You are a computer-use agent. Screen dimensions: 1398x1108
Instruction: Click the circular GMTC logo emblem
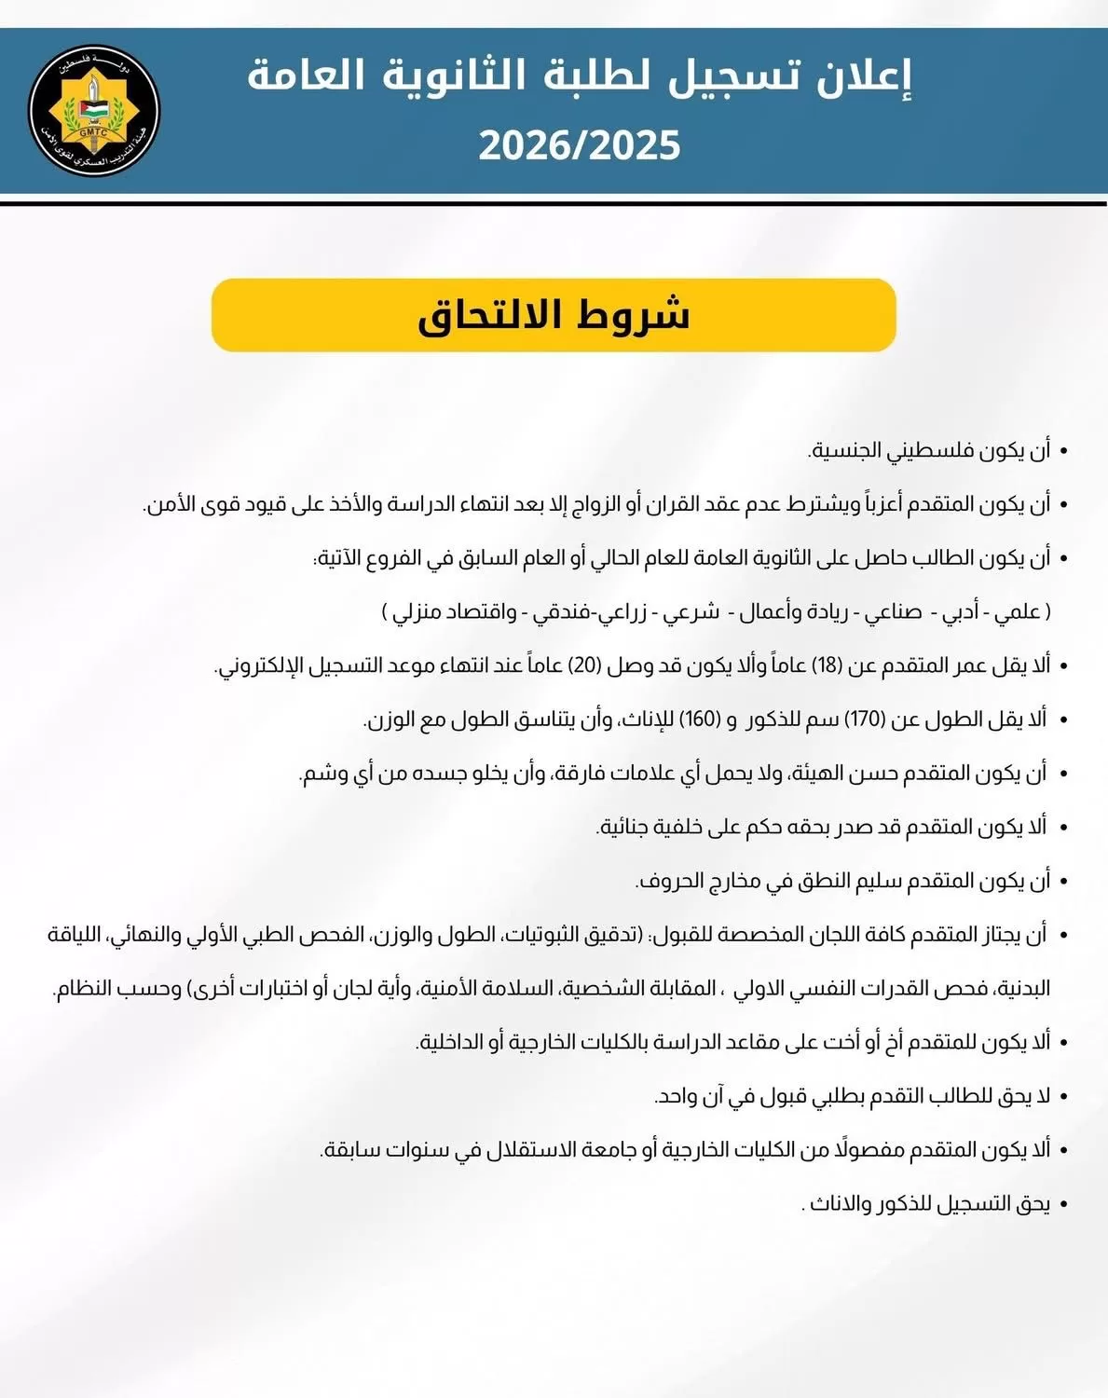click(93, 110)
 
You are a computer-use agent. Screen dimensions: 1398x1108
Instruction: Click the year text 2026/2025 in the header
click(580, 146)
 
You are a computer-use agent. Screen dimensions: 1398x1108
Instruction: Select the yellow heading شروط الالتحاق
click(554, 315)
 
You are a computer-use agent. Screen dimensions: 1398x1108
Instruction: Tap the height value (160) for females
click(696, 720)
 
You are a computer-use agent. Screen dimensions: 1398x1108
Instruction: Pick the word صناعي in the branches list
click(893, 612)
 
